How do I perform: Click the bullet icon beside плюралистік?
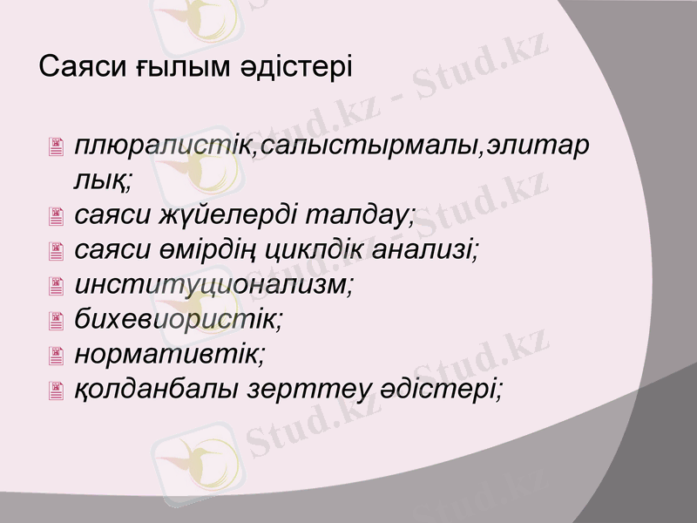(x=58, y=149)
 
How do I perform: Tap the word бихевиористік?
(x=179, y=319)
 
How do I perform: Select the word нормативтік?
(x=169, y=354)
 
